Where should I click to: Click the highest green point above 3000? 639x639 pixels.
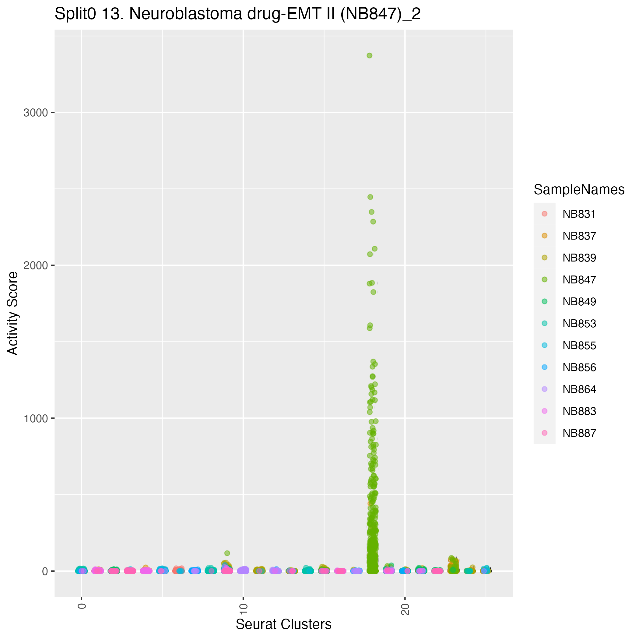tap(370, 56)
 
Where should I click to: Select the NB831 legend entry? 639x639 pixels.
tap(579, 214)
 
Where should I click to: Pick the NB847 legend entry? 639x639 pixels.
tap(579, 280)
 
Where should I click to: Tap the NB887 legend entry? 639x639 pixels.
tap(579, 433)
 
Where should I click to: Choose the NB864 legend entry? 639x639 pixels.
tap(579, 389)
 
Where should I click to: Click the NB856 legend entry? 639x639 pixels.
tap(579, 367)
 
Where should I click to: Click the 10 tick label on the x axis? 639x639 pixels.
tap(244, 609)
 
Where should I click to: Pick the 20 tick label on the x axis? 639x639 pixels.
tap(405, 609)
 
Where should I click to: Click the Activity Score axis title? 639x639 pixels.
tap(13, 313)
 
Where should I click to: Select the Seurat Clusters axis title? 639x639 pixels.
tap(283, 624)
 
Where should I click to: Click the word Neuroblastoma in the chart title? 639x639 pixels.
tap(185, 14)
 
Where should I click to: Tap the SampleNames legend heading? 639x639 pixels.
tap(579, 190)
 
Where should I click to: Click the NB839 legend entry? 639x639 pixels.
tap(579, 258)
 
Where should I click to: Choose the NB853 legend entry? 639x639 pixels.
tap(579, 324)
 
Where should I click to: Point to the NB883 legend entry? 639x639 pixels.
tap(579, 411)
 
